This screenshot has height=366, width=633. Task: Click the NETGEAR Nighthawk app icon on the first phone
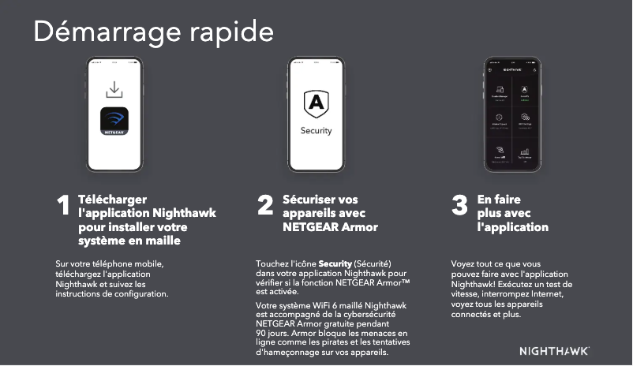115,122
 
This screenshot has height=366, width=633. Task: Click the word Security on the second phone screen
316,130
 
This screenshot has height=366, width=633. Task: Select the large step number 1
63,207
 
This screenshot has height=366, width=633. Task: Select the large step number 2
266,207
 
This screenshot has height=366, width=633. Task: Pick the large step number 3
459,207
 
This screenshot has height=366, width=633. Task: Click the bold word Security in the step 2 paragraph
335,263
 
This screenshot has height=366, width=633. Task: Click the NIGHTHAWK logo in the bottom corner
554,350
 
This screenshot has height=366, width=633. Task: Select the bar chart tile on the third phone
524,152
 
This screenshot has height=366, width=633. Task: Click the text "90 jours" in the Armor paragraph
274,334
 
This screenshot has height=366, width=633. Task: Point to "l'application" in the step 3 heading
513,228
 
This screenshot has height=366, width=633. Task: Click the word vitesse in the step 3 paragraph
466,293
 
